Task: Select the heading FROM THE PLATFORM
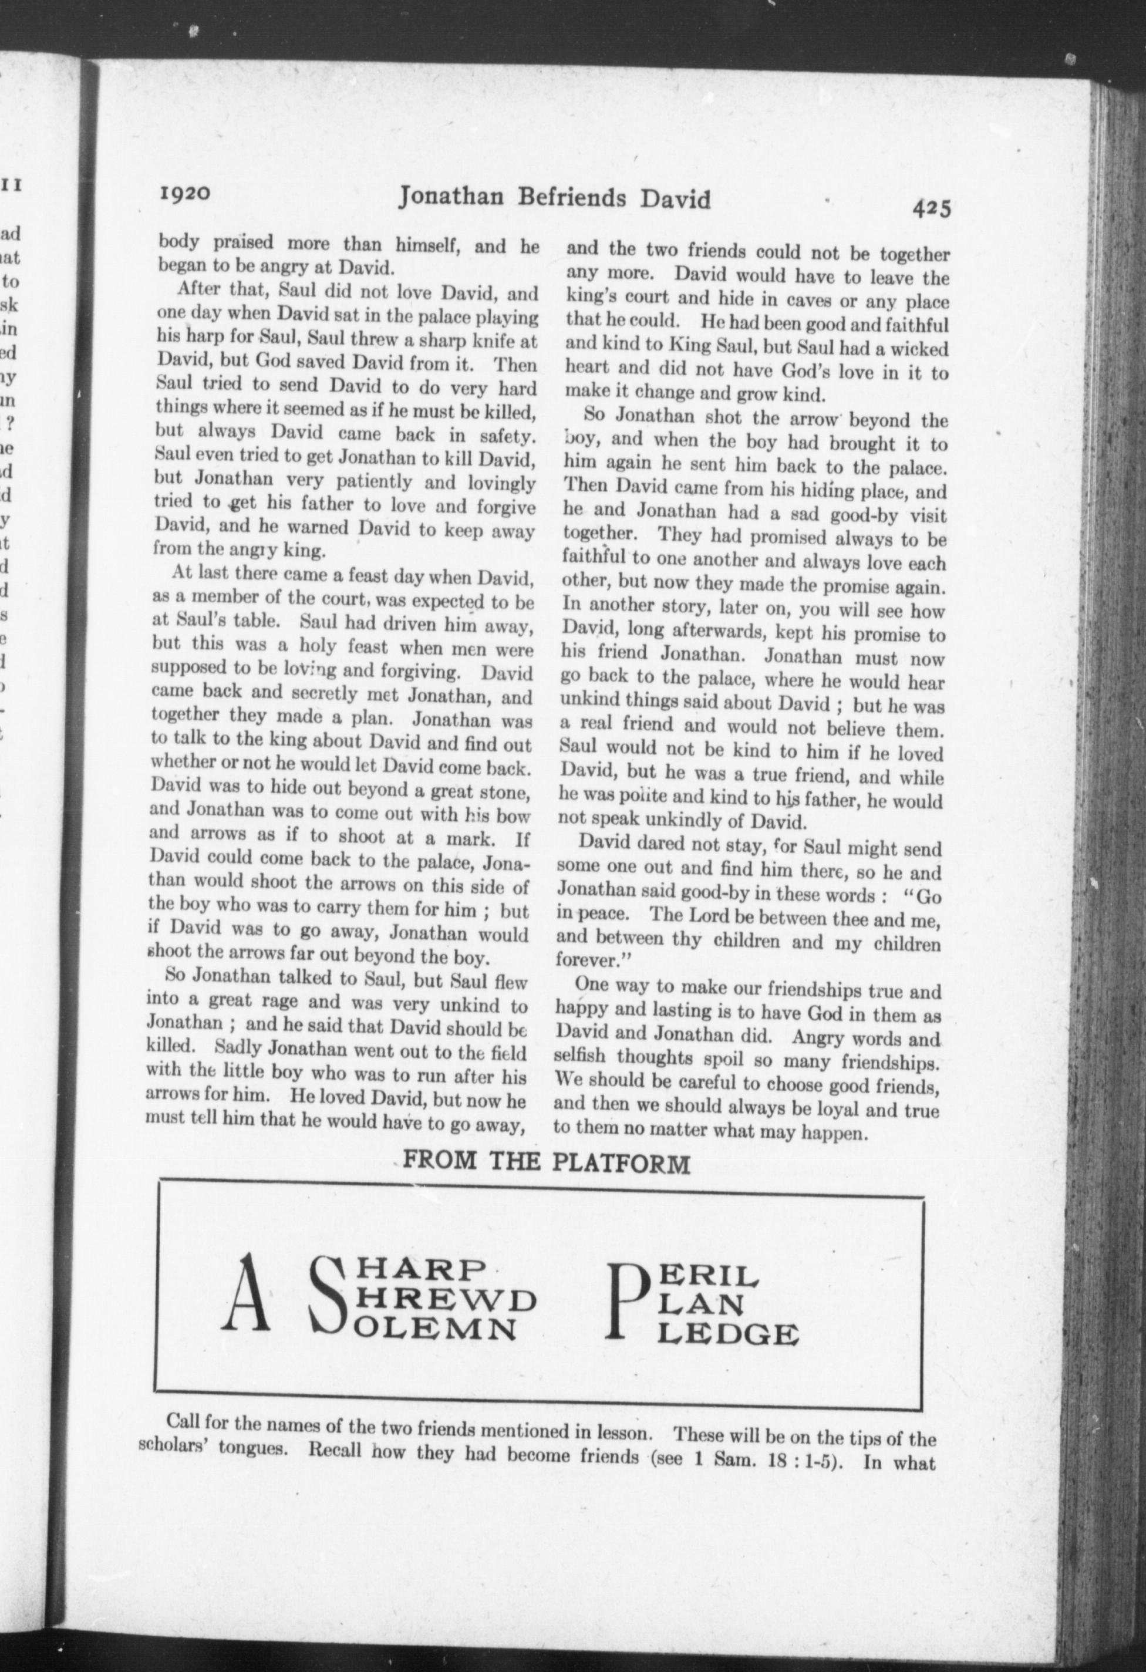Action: pos(547,1162)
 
